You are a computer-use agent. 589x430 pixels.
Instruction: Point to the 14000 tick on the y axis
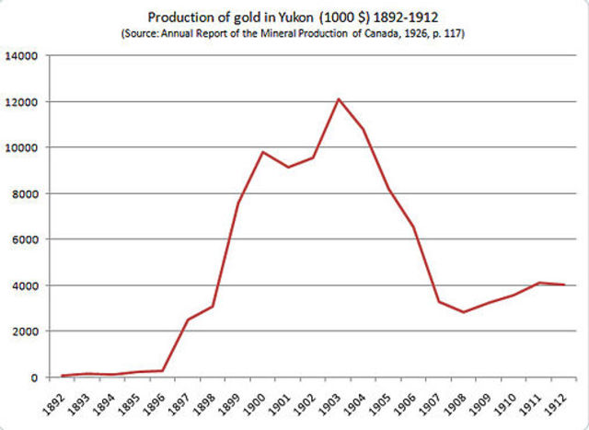coord(21,56)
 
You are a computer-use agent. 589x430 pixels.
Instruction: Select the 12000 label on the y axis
coord(21,102)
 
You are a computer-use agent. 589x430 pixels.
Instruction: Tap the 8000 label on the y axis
coord(24,194)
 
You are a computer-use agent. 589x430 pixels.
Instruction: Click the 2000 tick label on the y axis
coord(24,331)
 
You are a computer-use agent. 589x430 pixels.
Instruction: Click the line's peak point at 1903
coord(338,99)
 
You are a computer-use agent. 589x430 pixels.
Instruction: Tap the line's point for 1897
coord(188,320)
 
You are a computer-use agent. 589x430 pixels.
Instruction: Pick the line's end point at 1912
coord(564,285)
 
